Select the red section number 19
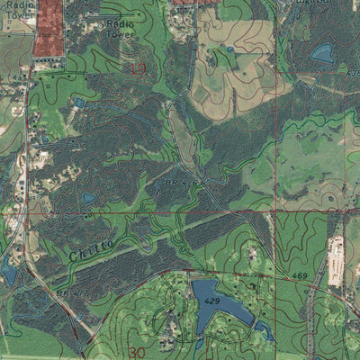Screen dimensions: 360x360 click(x=138, y=68)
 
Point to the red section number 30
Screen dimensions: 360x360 click(x=137, y=352)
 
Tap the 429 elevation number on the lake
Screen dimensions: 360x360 click(x=211, y=298)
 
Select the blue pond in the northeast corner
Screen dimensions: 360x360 click(x=322, y=53)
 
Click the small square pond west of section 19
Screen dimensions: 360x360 click(x=80, y=103)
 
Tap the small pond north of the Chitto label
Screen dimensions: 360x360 click(x=88, y=198)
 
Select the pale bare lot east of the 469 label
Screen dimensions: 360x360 click(x=337, y=261)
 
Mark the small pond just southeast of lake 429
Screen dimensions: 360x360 click(x=265, y=331)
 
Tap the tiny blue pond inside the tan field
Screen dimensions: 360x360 click(x=229, y=49)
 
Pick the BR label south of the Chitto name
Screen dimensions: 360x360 click(x=67, y=293)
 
